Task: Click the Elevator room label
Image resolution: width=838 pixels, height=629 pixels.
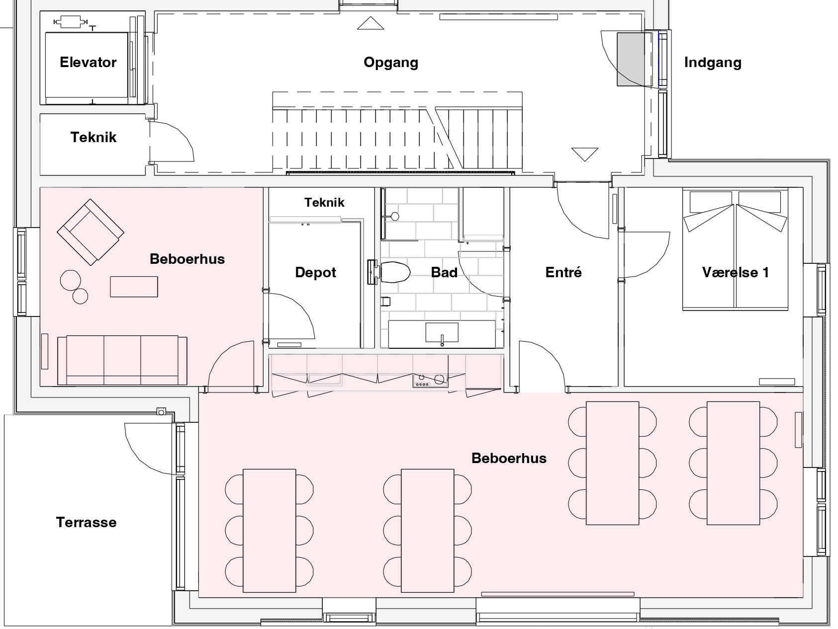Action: pos(88,62)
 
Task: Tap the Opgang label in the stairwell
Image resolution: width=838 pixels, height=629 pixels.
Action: pos(391,63)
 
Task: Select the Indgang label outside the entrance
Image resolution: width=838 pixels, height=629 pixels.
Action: pos(713,63)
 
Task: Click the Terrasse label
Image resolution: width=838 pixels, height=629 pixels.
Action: pos(87,522)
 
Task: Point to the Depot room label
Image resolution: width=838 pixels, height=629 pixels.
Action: pos(316,272)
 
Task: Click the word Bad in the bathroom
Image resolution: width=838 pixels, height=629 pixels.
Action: pos(444,272)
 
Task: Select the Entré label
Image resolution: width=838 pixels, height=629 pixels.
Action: pos(563,272)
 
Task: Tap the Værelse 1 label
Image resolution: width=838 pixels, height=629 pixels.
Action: pos(736,272)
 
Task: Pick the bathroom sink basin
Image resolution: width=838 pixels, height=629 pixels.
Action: pos(442,332)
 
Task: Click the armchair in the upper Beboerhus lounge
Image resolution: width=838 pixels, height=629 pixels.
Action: pos(90,232)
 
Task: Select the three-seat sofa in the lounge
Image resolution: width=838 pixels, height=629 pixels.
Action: pos(122,360)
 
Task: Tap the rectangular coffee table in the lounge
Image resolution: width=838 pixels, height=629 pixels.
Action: pos(134,287)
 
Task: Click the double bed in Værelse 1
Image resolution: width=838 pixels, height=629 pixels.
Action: pos(736,249)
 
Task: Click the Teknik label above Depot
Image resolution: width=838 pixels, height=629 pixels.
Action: pos(325,202)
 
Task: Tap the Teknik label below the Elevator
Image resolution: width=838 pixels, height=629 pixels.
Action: pos(93,137)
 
